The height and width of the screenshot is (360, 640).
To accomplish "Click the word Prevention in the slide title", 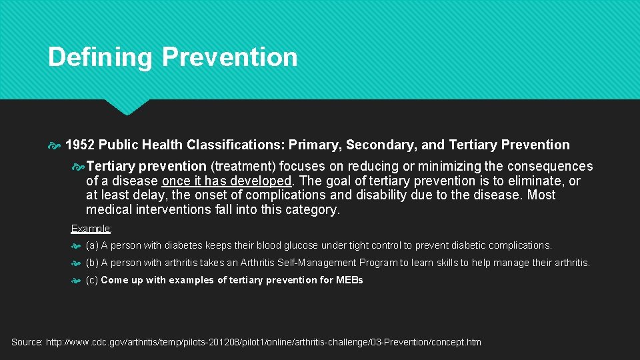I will pos(229,57).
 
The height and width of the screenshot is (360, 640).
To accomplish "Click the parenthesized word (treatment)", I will pos(241,166).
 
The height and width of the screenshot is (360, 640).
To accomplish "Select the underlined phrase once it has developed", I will pos(227,181).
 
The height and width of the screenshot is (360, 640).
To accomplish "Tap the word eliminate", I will pos(535,181).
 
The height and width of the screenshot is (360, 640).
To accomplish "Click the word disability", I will pos(407,195).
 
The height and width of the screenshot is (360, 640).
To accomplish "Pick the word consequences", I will pos(549,166).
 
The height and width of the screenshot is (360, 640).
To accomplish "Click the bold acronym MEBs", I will pos(349,280).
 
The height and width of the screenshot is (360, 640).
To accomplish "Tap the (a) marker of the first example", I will pos(92,245).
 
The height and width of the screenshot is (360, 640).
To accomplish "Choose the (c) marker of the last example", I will pos(92,280).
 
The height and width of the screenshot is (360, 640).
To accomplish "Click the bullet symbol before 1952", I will pos(55,145).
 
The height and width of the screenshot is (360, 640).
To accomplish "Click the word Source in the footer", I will pos(27,342).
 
